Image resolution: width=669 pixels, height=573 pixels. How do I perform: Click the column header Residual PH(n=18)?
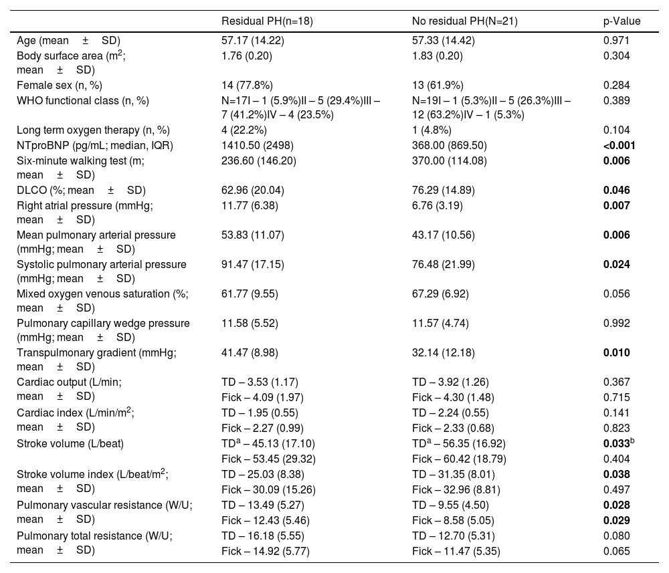(x=267, y=21)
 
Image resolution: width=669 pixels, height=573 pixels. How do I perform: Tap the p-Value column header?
(x=622, y=21)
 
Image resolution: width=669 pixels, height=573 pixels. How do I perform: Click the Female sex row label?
(x=60, y=85)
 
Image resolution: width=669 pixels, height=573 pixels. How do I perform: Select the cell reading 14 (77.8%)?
(x=246, y=85)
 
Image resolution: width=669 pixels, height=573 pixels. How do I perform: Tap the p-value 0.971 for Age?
(x=616, y=40)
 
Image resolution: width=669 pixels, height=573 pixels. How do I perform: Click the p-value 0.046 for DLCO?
(x=616, y=191)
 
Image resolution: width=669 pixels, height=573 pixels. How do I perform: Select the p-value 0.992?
(x=616, y=324)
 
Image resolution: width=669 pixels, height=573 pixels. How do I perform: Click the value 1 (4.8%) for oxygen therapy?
(x=432, y=130)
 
